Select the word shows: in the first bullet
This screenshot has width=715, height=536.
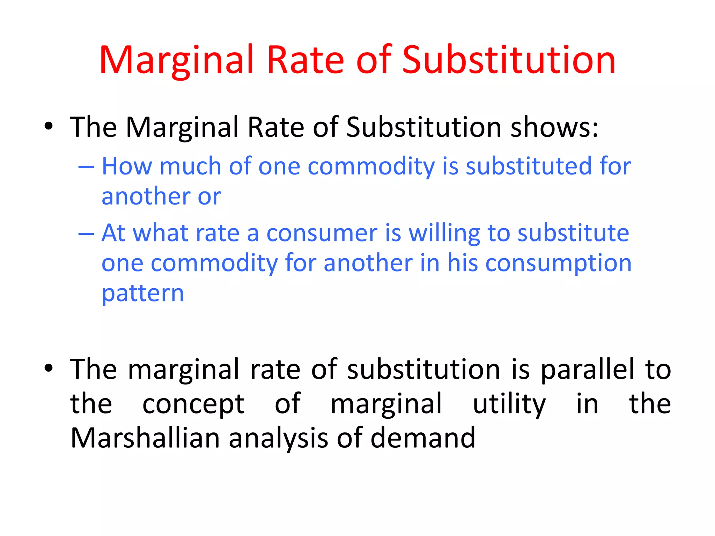point(554,127)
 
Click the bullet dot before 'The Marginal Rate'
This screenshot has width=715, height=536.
point(49,126)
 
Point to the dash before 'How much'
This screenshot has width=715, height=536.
point(86,167)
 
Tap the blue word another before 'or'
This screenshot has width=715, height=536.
point(146,196)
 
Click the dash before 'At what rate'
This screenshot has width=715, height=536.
point(86,233)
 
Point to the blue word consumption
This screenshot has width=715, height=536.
point(558,263)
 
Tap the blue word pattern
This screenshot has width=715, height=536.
point(142,294)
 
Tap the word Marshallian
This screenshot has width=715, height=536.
point(145,438)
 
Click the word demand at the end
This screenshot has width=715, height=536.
point(423,438)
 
